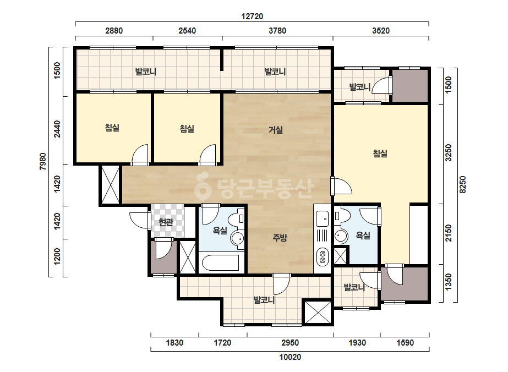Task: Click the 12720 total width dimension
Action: tap(252, 16)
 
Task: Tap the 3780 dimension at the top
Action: tap(277, 31)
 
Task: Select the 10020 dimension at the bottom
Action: tap(290, 357)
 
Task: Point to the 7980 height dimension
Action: tap(43, 161)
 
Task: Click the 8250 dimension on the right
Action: tap(463, 185)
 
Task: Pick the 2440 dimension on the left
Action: tap(57, 129)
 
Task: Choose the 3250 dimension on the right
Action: tap(449, 153)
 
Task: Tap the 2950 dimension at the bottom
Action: tap(290, 343)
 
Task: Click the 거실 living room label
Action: tap(276, 130)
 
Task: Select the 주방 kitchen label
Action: tap(280, 238)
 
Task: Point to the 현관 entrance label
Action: tap(166, 222)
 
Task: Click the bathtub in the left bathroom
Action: tap(221, 263)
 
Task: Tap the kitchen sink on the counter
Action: tap(322, 218)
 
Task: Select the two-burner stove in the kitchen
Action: tap(323, 256)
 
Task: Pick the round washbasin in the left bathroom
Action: tap(237, 239)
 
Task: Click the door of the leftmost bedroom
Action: tap(140, 155)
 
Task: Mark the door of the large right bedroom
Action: tap(341, 186)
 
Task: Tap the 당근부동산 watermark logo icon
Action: tap(203, 187)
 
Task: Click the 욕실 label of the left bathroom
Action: tap(220, 231)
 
